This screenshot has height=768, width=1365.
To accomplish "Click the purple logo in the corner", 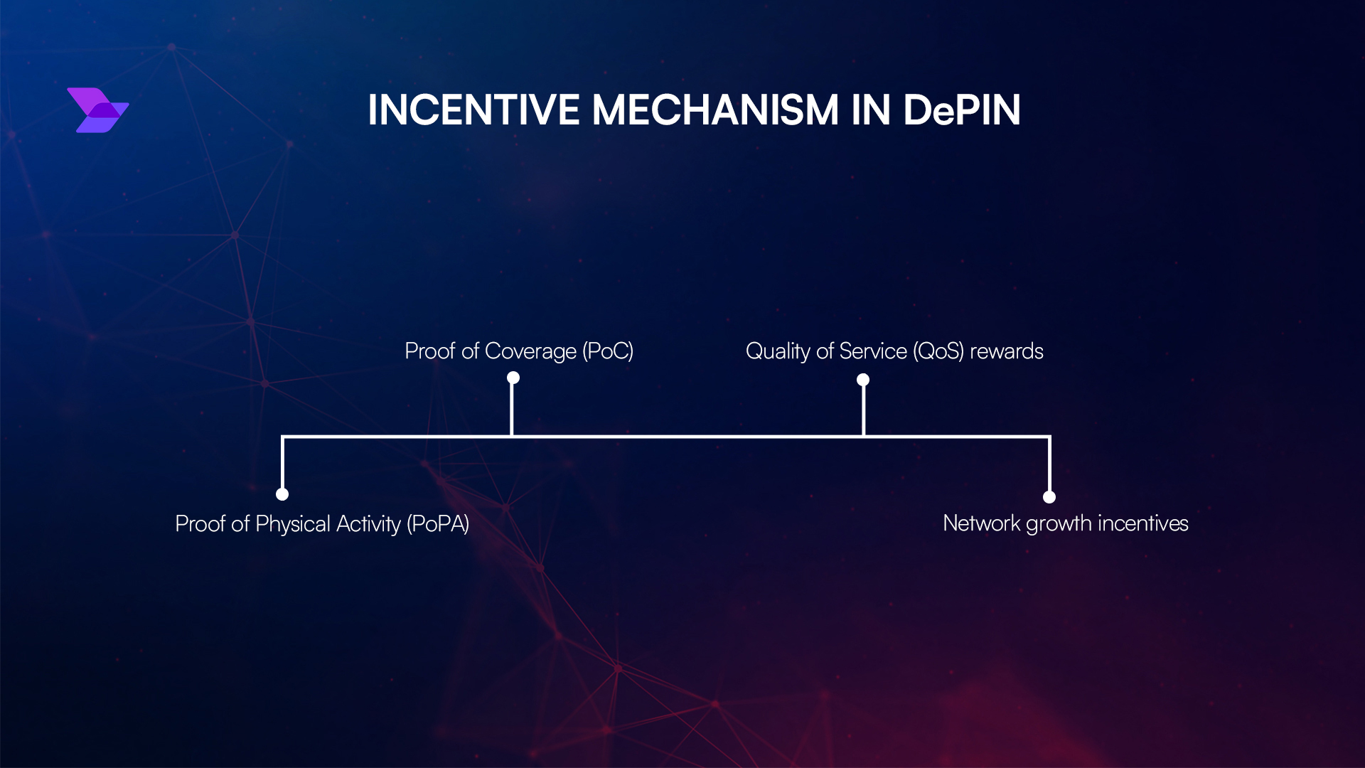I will tap(98, 110).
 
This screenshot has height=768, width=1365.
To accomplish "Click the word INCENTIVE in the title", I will tap(473, 110).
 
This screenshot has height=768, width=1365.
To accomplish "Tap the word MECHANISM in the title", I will tap(715, 110).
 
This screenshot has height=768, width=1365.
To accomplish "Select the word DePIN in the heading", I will tap(961, 110).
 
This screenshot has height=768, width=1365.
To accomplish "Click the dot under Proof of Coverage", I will tap(513, 378).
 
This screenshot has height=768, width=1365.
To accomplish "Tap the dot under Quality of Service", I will tap(863, 380).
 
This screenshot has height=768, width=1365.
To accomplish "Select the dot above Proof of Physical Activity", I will tap(282, 494).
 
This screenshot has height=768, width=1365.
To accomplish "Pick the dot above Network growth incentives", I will tap(1049, 497).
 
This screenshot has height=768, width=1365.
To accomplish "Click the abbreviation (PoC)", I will tap(608, 351).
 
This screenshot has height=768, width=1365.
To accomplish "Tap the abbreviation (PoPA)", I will tap(438, 524).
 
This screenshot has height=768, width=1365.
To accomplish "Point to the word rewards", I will tap(1007, 351).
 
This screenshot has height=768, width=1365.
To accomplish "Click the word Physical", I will tap(293, 524).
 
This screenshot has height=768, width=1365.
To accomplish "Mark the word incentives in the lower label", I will tap(1143, 523).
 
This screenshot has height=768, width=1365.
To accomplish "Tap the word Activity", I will tap(368, 524).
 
